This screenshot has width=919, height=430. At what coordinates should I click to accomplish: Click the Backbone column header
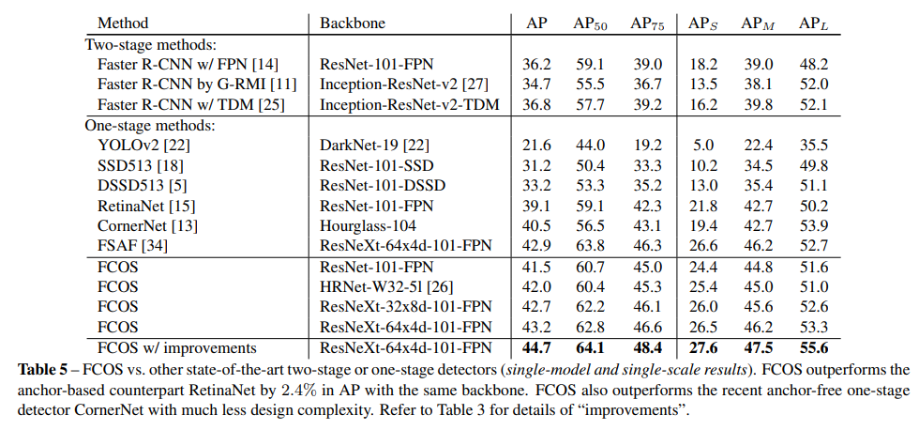point(351,23)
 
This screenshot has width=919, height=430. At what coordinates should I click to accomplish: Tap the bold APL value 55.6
point(813,348)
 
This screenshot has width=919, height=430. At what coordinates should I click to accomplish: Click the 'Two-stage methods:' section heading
point(151,43)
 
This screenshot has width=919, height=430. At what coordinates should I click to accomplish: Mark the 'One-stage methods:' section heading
point(150,124)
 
